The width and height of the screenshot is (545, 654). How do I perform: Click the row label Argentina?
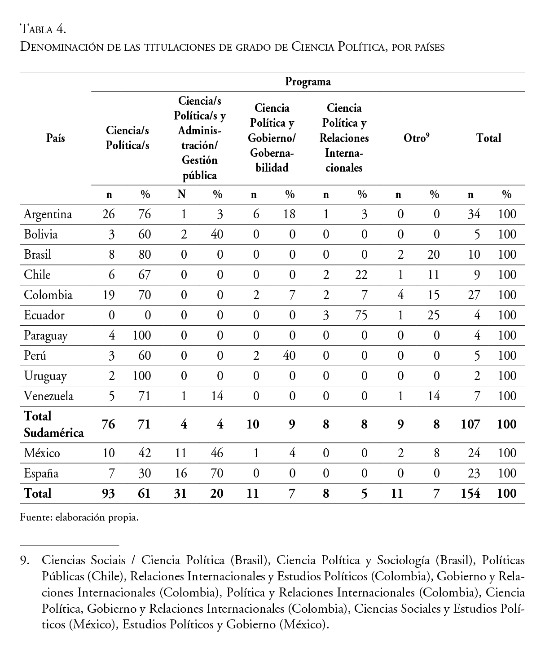click(48, 214)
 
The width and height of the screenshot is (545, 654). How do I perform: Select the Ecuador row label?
click(44, 315)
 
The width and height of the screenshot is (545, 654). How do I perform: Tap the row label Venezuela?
click(48, 396)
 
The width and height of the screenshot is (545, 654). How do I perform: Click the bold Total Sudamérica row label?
click(54, 424)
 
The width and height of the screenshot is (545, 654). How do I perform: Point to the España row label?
click(41, 473)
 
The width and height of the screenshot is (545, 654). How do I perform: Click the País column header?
click(55, 138)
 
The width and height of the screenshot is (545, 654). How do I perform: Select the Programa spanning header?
click(308, 82)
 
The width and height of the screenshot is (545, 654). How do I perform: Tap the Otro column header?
click(416, 138)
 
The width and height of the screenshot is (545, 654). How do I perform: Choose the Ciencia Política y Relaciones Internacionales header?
click(344, 138)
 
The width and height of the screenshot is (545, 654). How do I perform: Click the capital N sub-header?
click(182, 194)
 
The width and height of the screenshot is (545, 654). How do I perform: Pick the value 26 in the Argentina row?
click(109, 214)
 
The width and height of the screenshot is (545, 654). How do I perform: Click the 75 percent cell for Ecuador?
click(361, 315)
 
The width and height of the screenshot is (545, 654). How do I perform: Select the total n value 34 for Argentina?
click(474, 214)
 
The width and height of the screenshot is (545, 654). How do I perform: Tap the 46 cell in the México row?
click(217, 453)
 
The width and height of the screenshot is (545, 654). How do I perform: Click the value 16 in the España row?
click(181, 473)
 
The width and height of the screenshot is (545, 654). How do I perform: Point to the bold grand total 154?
click(470, 494)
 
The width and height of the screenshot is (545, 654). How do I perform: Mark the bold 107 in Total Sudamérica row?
click(470, 424)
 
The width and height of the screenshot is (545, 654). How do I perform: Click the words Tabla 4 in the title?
click(44, 30)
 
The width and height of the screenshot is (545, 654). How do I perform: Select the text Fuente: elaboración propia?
click(79, 517)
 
